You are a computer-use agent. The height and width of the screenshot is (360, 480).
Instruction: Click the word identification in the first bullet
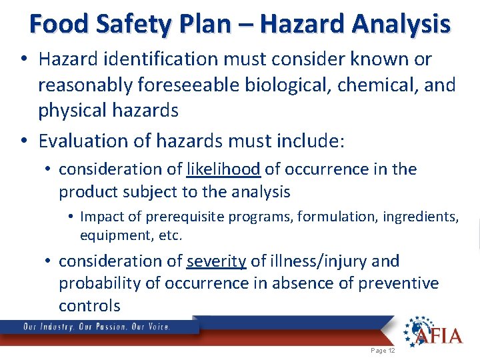151,59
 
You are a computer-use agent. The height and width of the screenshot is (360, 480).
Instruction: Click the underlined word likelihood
223,169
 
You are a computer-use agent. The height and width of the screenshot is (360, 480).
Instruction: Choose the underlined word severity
217,261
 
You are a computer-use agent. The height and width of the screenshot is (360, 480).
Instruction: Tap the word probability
99,283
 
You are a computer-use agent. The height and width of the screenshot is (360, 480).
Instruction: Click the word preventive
399,283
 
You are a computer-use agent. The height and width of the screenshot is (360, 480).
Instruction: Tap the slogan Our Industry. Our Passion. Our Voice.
97,327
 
